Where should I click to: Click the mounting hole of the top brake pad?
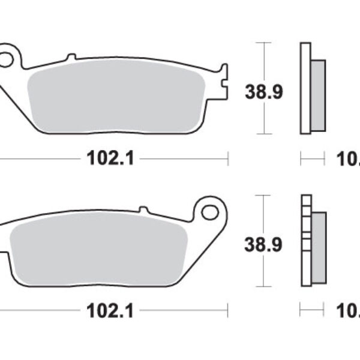click(x=6, y=60)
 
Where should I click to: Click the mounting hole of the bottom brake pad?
click(x=209, y=212)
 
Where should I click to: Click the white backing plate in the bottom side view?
click(x=305, y=240)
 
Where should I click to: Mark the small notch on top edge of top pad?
click(x=71, y=57)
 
